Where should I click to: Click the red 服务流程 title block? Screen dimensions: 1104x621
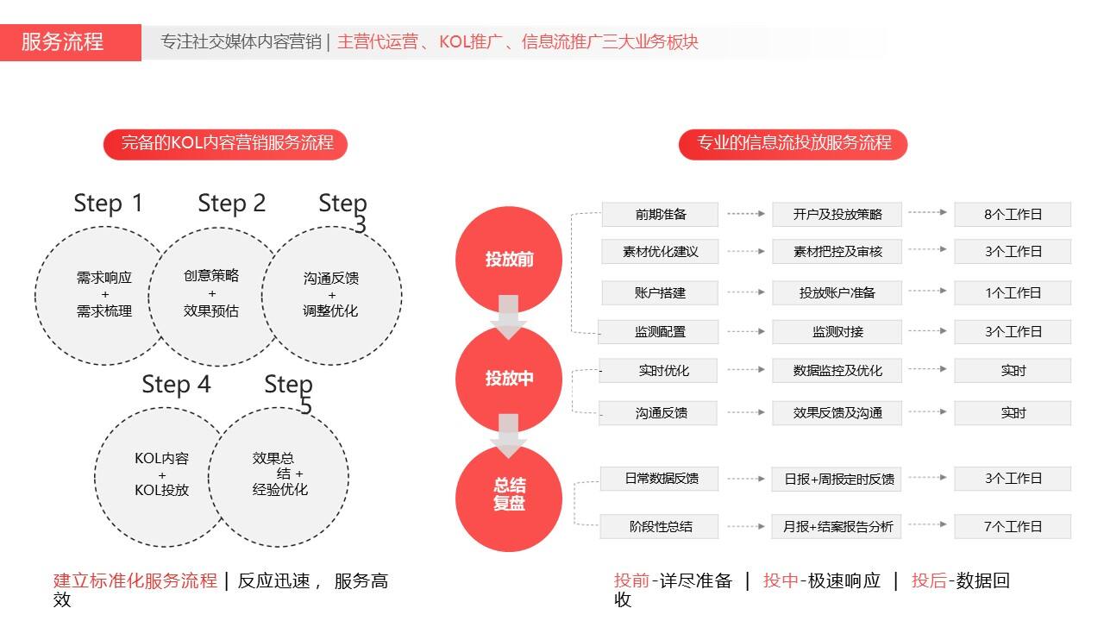(71, 42)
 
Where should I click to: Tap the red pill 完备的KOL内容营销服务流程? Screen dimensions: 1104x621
(225, 144)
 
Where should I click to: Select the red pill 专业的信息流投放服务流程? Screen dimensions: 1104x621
(793, 144)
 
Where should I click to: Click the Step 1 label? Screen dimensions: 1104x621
(109, 203)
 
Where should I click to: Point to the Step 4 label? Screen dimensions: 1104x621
(177, 385)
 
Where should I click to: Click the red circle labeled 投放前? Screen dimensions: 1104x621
(509, 259)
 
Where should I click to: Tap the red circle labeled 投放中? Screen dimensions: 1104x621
(509, 379)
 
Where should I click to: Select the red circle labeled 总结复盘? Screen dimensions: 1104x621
(509, 498)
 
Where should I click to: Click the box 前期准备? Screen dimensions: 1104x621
(660, 215)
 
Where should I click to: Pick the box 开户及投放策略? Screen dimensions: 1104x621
(837, 215)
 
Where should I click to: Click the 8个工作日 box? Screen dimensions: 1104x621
(1013, 215)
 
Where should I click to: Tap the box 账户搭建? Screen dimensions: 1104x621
(660, 292)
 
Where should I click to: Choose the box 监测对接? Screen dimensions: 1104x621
(837, 332)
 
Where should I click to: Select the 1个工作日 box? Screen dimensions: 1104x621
(1013, 292)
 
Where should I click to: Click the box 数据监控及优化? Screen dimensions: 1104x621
(837, 371)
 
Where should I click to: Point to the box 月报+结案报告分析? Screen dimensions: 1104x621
(837, 526)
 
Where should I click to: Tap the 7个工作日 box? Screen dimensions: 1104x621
(1013, 526)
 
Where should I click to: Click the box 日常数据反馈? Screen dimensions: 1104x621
(660, 479)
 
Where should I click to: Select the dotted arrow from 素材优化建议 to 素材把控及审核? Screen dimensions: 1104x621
(746, 251)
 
